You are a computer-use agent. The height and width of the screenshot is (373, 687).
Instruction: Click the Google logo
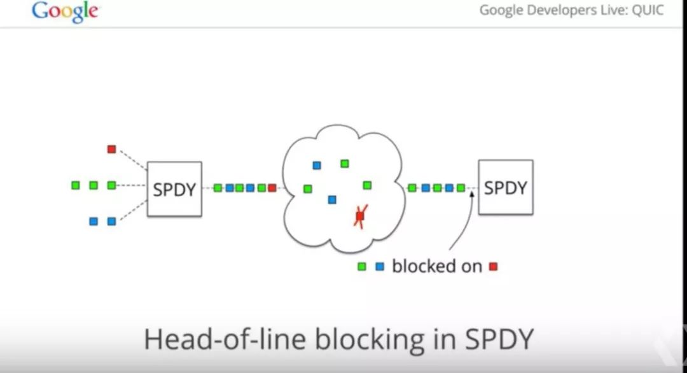pos(65,11)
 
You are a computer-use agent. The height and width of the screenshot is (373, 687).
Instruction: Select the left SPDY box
pos(174,188)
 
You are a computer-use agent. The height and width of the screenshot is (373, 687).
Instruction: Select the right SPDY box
pos(506,187)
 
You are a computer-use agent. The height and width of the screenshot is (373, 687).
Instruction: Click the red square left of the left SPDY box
pos(111,149)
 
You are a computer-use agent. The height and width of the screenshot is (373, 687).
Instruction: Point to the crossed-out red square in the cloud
pos(360,216)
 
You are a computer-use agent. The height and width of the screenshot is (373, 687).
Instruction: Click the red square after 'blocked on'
pos(493,266)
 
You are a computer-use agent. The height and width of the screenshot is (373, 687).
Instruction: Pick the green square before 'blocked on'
pos(362,267)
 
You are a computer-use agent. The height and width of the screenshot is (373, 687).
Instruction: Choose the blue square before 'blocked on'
pos(380,267)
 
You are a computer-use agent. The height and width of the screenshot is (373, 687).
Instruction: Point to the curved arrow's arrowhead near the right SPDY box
pos(472,193)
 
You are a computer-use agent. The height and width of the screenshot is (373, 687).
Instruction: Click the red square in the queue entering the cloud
pos(272,188)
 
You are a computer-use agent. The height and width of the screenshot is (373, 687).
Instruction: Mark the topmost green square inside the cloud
pos(345,164)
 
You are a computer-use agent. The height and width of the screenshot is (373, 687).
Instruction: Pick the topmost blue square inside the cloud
pos(317,165)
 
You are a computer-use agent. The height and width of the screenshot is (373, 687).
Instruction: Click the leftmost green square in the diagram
pos(76,185)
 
